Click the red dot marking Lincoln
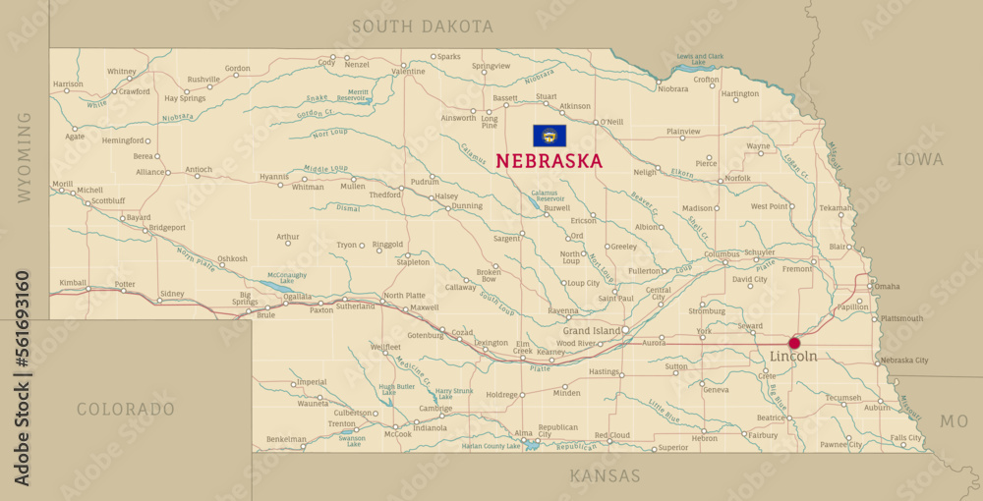(794, 343)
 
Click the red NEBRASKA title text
(549, 161)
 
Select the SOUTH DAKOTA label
(423, 27)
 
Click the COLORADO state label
(126, 409)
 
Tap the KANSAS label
(605, 476)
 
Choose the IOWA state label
(919, 159)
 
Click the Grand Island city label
(591, 331)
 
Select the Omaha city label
(887, 287)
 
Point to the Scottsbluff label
(108, 200)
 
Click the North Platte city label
(404, 296)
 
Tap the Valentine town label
(408, 72)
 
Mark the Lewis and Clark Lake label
(700, 59)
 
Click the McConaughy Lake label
(287, 278)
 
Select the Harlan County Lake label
(491, 446)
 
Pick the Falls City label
(905, 437)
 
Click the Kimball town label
(73, 282)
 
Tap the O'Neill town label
(611, 122)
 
